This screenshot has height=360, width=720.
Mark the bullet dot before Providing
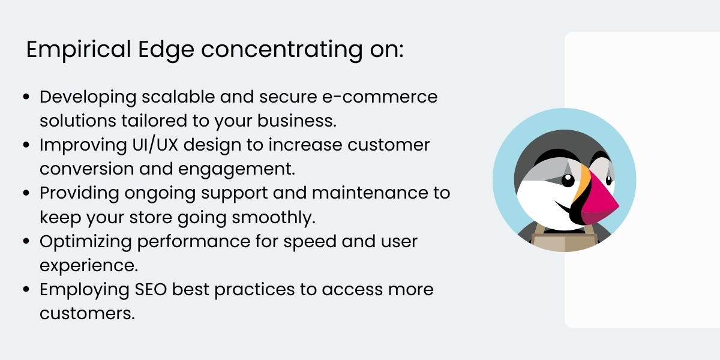pos(26,193)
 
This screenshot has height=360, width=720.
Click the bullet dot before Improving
pos(26,145)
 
